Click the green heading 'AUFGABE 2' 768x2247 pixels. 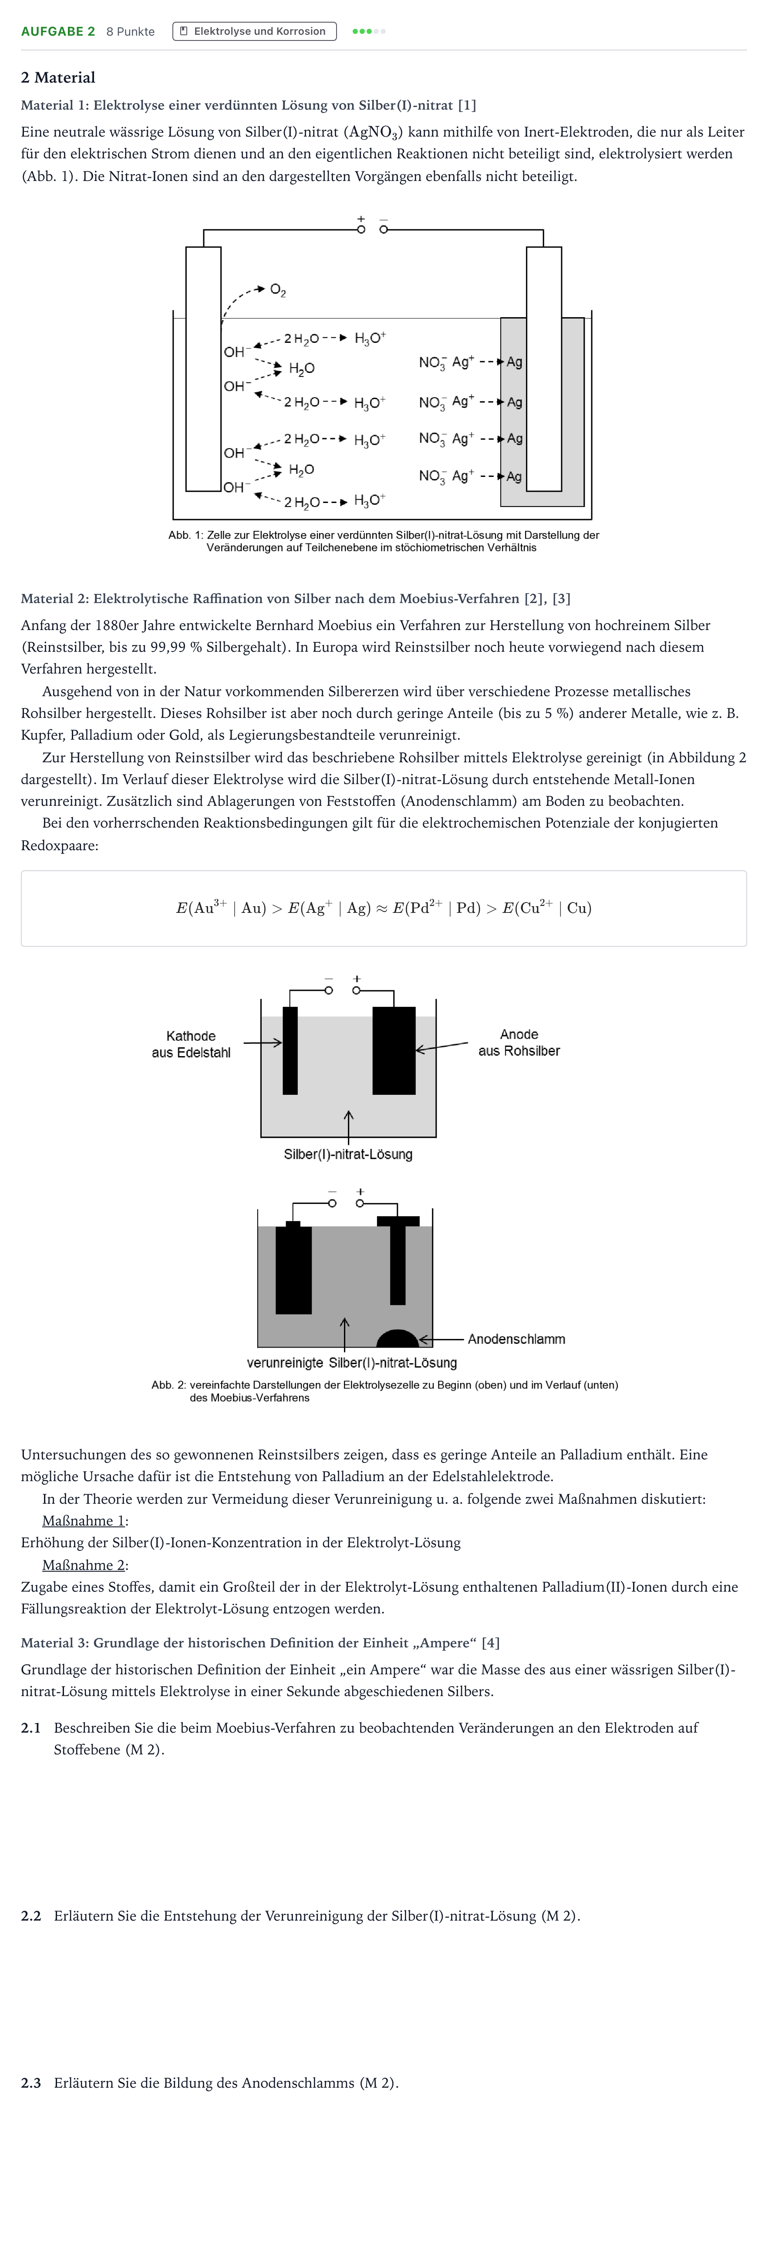tap(57, 31)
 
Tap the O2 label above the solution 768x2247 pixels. tap(277, 290)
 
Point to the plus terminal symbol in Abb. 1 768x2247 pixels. tap(360, 219)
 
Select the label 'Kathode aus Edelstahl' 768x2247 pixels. tap(191, 1044)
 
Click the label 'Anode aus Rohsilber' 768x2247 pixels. tap(519, 1043)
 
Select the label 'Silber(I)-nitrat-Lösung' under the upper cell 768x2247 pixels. tap(348, 1154)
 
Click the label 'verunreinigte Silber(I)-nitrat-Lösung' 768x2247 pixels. tap(352, 1362)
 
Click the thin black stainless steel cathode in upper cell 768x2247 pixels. tap(290, 1050)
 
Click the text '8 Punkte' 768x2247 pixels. tap(130, 31)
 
